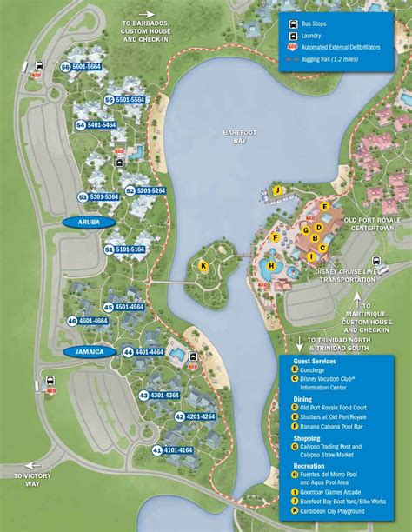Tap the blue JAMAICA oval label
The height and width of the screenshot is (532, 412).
tap(90, 351)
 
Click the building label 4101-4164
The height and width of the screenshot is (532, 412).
tap(177, 450)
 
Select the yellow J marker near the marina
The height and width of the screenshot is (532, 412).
tap(276, 190)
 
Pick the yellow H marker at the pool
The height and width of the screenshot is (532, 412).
tap(271, 266)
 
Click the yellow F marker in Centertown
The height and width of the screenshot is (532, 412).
tap(275, 236)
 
